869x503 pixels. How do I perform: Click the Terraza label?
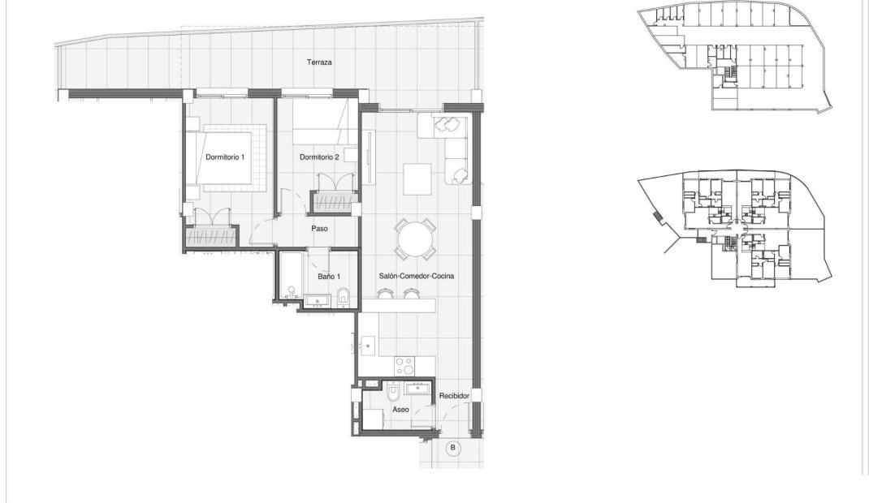[319, 62]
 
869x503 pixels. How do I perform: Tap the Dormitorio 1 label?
[226, 157]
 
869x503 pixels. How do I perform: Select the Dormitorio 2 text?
[319, 157]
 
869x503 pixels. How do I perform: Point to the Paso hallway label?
[320, 229]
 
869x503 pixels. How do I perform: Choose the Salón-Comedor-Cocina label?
[416, 276]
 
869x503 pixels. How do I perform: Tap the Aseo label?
[400, 410]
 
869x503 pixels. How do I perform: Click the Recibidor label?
[455, 396]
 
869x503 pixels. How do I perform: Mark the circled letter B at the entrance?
[453, 447]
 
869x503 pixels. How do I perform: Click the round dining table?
[415, 238]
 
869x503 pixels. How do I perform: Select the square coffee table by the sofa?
[419, 179]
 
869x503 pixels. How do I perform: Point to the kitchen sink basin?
[368, 346]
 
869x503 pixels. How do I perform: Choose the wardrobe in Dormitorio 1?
[211, 238]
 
